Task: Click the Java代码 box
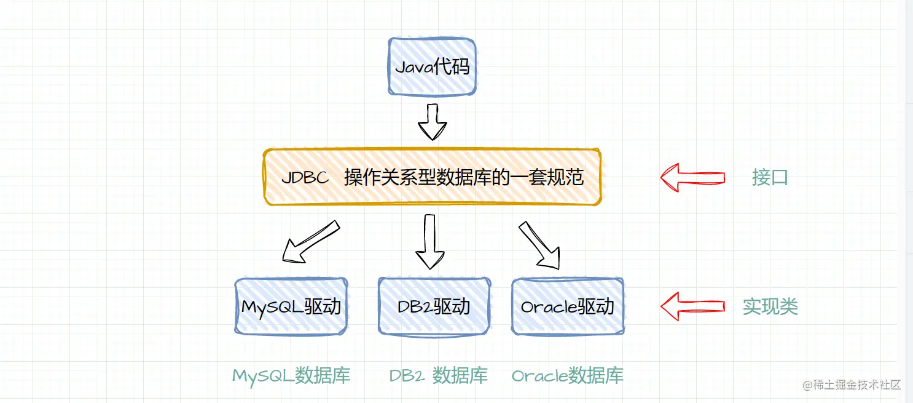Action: [x=432, y=66]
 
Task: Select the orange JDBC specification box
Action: [x=432, y=177]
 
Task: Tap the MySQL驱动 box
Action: [x=291, y=306]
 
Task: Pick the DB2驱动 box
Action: [x=434, y=306]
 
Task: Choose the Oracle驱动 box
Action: [x=567, y=306]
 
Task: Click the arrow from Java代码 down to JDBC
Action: [x=432, y=122]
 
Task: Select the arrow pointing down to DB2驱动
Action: [x=429, y=241]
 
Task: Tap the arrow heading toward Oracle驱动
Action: [x=540, y=244]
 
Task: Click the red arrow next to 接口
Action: [x=692, y=177]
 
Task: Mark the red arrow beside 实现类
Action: [x=692, y=306]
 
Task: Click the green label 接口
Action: [x=770, y=178]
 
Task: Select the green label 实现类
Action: [x=770, y=306]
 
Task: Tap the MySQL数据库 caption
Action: [x=291, y=375]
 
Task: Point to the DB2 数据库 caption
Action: [x=438, y=375]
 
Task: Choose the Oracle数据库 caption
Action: [x=567, y=375]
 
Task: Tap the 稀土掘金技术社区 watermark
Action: [x=851, y=385]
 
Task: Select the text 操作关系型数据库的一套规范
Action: [x=463, y=178]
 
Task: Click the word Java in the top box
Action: [x=414, y=66]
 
